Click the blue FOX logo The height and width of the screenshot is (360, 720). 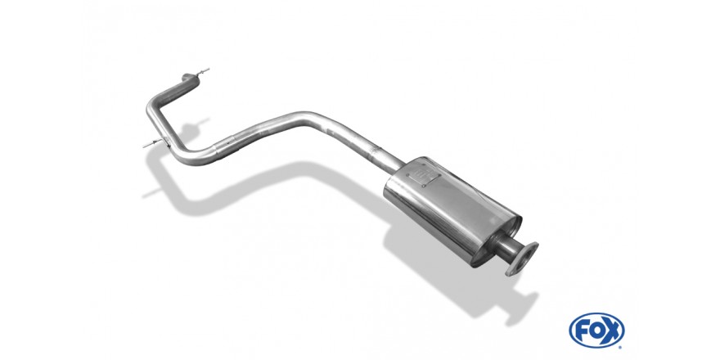click(x=596, y=331)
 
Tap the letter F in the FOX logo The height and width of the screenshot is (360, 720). click(x=580, y=331)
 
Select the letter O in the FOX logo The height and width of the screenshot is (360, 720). click(x=596, y=331)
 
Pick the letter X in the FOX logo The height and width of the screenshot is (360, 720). click(x=612, y=331)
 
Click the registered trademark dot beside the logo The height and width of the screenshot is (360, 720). click(x=621, y=346)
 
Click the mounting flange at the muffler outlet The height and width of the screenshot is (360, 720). click(x=522, y=259)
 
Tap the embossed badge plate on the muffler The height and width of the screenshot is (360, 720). click(x=428, y=178)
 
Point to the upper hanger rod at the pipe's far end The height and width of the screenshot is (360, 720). click(x=202, y=72)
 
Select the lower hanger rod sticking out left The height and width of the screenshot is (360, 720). click(x=153, y=143)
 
